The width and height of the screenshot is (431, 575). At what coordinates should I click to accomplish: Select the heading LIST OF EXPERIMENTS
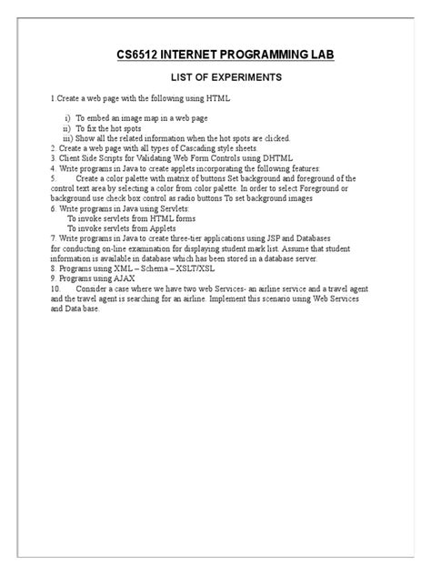coord(215,79)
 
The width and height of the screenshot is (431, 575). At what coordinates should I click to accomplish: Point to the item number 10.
coord(56,287)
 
